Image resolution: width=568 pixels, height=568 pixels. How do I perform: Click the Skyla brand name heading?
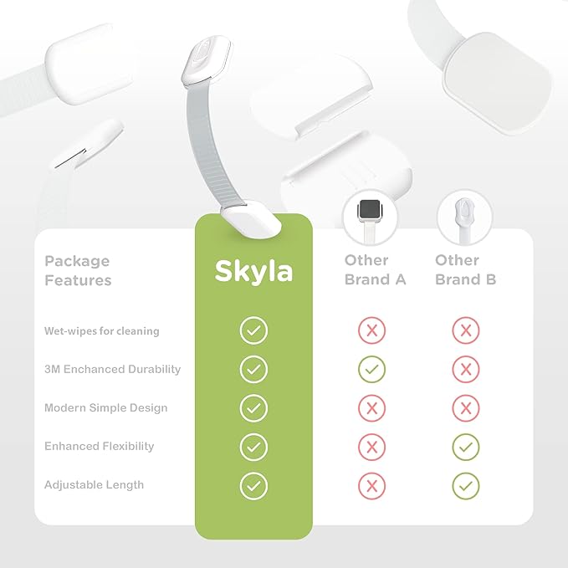(253, 270)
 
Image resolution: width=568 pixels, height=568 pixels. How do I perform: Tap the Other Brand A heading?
(375, 269)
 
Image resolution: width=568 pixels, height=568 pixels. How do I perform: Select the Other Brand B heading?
(465, 269)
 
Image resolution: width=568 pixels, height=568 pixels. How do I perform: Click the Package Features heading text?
(77, 270)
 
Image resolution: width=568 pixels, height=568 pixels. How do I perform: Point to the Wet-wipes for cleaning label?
(101, 331)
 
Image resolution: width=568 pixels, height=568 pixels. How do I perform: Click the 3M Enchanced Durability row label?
(112, 370)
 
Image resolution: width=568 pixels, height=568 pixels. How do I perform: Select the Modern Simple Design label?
(105, 408)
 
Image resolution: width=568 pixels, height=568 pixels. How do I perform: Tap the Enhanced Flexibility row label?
(99, 447)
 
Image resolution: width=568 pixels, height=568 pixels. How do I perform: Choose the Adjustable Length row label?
(94, 485)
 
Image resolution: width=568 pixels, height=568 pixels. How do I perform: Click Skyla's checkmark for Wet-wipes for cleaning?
(253, 331)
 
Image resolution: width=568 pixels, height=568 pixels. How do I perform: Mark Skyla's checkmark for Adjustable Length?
(253, 485)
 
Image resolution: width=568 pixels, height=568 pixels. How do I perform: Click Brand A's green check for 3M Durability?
(371, 370)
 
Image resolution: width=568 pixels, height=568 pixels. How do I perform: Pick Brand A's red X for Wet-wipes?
(371, 331)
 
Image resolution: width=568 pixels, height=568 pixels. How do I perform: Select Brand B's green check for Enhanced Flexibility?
(465, 447)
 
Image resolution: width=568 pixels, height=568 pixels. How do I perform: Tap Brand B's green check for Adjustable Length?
(465, 485)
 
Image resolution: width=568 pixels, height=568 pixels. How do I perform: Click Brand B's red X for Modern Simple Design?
(465, 408)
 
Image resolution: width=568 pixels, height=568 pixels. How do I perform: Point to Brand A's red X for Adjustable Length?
(371, 485)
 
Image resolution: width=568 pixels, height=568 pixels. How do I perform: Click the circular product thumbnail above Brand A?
(370, 216)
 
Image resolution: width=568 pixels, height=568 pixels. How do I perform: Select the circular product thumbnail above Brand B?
(464, 216)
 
